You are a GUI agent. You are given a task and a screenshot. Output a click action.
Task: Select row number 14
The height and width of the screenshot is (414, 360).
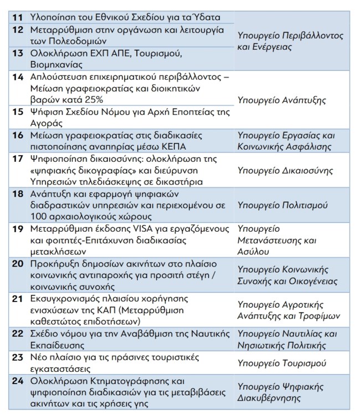[x=17, y=76]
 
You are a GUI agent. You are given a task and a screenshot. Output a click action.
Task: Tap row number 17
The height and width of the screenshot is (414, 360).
[x=17, y=159]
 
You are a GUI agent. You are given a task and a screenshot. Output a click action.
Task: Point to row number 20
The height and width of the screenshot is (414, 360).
[x=17, y=264]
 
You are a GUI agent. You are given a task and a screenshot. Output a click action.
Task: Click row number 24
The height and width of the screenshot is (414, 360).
[x=17, y=382]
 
